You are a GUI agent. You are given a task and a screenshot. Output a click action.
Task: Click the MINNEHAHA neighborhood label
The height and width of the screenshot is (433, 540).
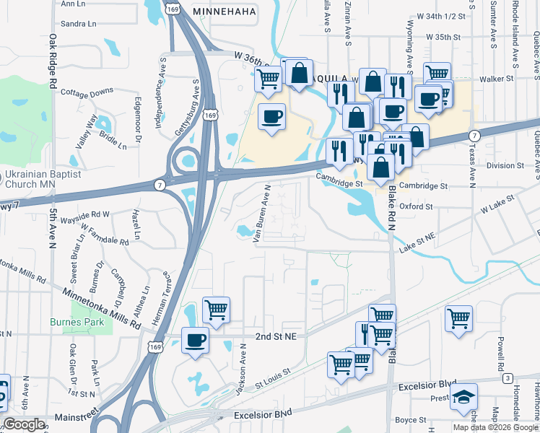point(227,12)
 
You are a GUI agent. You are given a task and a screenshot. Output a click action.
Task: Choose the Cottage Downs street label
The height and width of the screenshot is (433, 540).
point(87,92)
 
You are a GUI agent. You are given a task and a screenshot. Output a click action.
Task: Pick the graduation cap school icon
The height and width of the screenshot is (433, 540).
point(463,397)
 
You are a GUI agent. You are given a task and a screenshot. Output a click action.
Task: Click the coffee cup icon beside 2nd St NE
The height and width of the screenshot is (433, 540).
point(195,341)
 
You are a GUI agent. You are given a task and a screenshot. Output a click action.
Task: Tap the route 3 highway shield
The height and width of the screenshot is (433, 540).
point(508,379)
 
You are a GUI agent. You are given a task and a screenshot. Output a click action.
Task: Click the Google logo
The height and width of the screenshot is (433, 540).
point(23,424)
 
